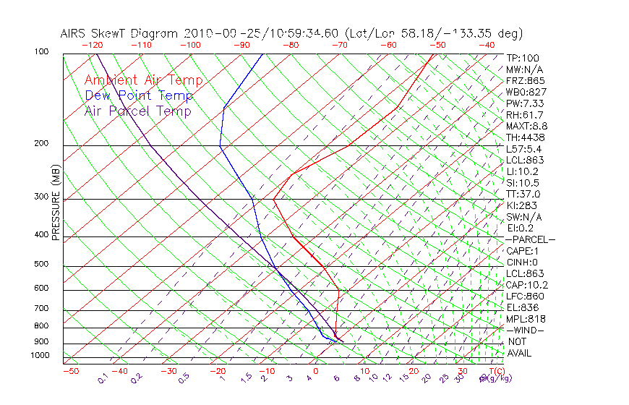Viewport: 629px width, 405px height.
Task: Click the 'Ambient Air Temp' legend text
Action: click(x=143, y=80)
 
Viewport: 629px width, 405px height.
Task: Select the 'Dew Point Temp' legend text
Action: click(x=138, y=95)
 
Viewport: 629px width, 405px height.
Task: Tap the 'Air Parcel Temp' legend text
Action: click(x=137, y=111)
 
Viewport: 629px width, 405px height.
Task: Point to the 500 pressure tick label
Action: click(x=40, y=264)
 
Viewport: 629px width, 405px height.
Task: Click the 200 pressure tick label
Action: click(x=40, y=143)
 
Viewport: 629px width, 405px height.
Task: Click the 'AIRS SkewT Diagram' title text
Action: click(x=121, y=33)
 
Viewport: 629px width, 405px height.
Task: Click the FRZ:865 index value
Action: click(x=526, y=80)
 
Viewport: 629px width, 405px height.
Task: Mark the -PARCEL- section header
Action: click(x=530, y=239)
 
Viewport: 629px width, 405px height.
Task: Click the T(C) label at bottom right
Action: click(x=495, y=371)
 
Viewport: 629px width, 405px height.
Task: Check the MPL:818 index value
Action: click(x=526, y=319)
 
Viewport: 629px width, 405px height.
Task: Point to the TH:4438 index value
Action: click(x=526, y=137)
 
